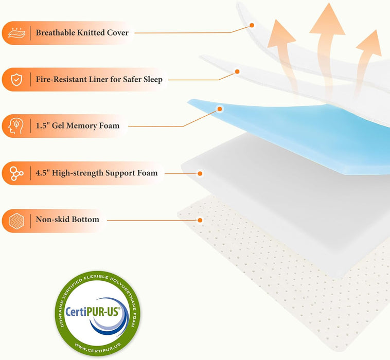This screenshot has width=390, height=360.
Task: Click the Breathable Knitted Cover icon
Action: (17, 33)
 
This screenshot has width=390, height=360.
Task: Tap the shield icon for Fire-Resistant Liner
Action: (17, 80)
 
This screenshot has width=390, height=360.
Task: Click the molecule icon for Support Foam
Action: (17, 173)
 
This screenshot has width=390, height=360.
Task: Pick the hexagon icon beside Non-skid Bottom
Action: (17, 220)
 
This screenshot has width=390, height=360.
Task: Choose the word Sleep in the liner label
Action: (151, 80)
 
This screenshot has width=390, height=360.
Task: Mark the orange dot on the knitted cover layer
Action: (252, 25)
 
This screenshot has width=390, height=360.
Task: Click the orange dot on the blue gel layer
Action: (220, 109)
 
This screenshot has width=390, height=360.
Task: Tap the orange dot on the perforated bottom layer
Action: (200, 220)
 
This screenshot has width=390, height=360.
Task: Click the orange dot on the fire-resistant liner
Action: (237, 71)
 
